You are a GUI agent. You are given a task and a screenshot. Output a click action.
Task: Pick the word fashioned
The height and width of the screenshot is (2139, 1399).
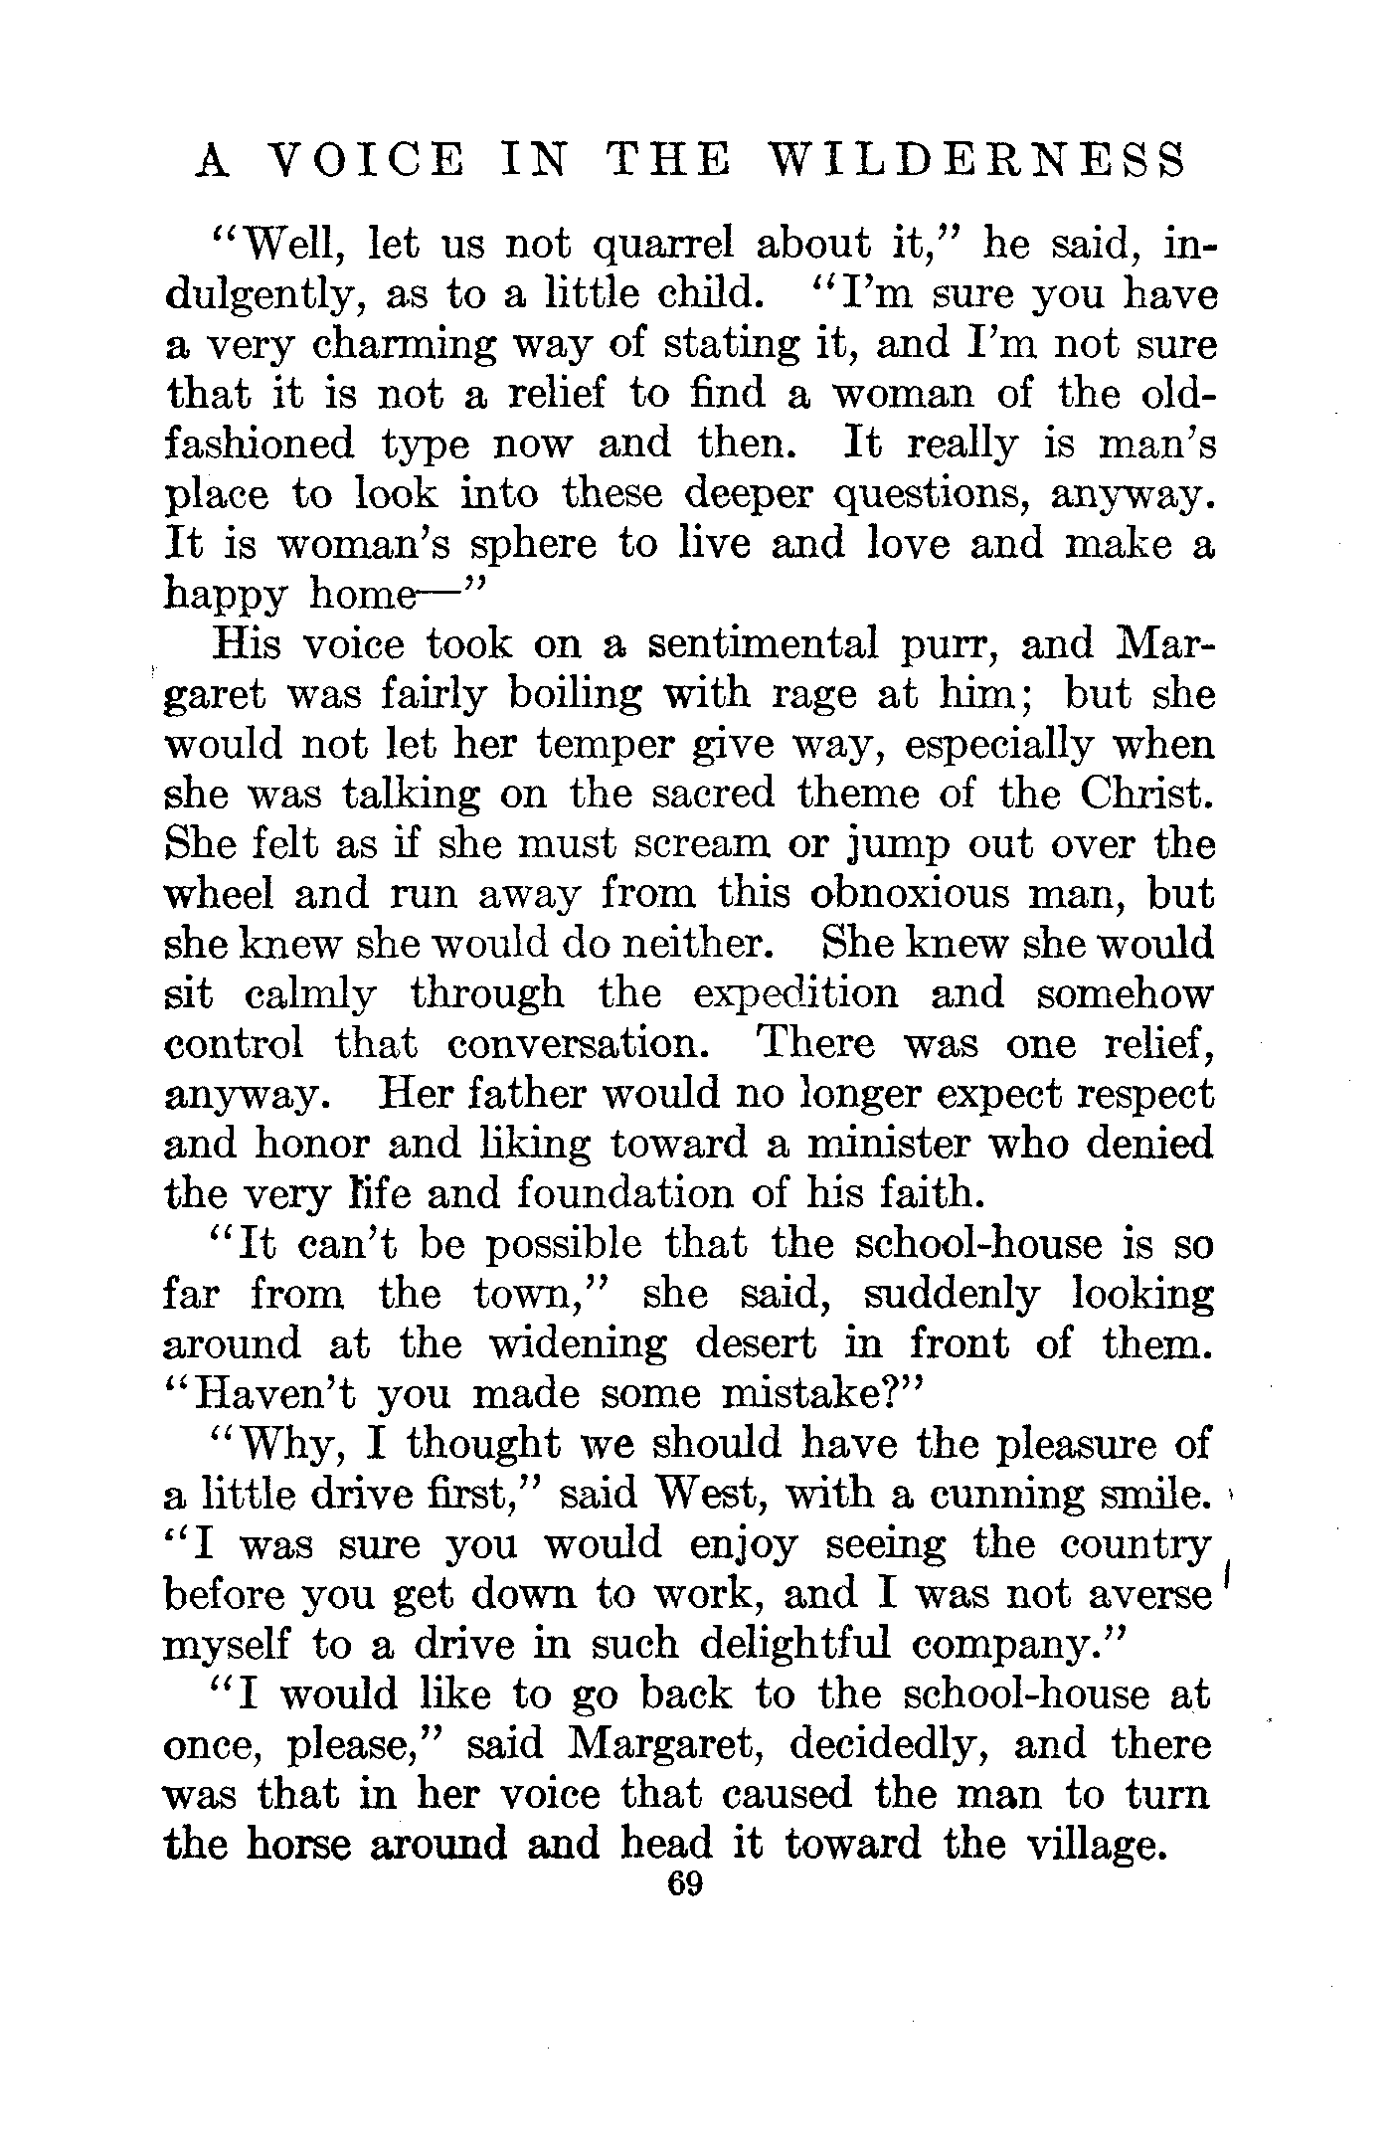(x=259, y=444)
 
